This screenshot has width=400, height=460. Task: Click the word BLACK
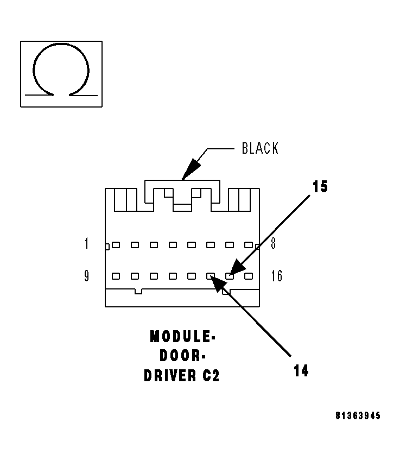click(x=260, y=149)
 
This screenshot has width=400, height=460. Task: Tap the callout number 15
click(x=320, y=187)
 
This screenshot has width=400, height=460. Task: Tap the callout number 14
click(x=301, y=371)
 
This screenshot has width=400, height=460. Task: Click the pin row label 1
click(x=86, y=244)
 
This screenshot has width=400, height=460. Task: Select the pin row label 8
click(x=273, y=244)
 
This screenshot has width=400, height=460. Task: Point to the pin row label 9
click(x=86, y=276)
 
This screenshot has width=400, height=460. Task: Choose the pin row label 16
click(x=276, y=276)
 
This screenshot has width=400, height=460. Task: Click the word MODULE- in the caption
click(x=182, y=337)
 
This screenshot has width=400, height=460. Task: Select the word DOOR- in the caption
click(x=182, y=356)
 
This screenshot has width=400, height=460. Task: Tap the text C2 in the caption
click(x=211, y=376)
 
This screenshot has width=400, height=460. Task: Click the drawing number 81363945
click(x=358, y=416)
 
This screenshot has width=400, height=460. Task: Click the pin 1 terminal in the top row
click(x=116, y=245)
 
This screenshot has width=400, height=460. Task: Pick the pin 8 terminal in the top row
click(x=249, y=245)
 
